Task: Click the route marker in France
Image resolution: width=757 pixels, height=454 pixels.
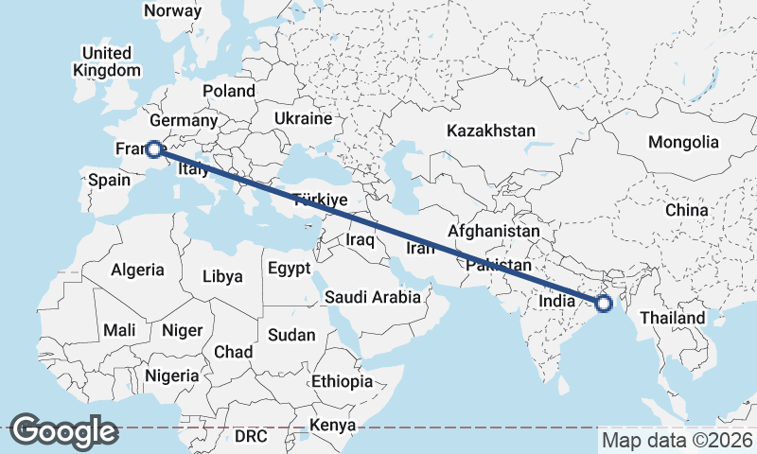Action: point(152,149)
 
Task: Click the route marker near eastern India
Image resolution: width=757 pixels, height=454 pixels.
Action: point(604,304)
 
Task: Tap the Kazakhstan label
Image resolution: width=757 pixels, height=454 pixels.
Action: point(492,131)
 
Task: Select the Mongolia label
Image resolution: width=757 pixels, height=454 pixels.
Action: point(683,142)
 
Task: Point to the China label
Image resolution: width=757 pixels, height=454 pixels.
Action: point(687,209)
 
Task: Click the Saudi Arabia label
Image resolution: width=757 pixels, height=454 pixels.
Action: point(372,297)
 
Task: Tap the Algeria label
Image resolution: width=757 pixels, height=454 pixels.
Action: point(137,270)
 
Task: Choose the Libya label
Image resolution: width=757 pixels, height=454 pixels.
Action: point(223,277)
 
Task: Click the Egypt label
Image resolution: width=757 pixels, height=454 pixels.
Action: point(289,268)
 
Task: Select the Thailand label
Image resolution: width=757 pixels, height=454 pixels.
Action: point(673,318)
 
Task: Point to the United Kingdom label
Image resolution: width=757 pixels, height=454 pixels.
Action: point(106,61)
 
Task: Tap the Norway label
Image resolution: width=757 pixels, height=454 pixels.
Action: point(171,11)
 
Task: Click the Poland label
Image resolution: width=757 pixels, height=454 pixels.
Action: point(228,91)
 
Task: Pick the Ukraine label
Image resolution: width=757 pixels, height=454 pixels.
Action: point(303,118)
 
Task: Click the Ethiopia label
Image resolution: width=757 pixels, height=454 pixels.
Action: point(342,382)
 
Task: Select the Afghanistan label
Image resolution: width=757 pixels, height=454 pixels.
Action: point(494,231)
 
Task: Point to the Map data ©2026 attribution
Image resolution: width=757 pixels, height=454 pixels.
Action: point(678,440)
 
